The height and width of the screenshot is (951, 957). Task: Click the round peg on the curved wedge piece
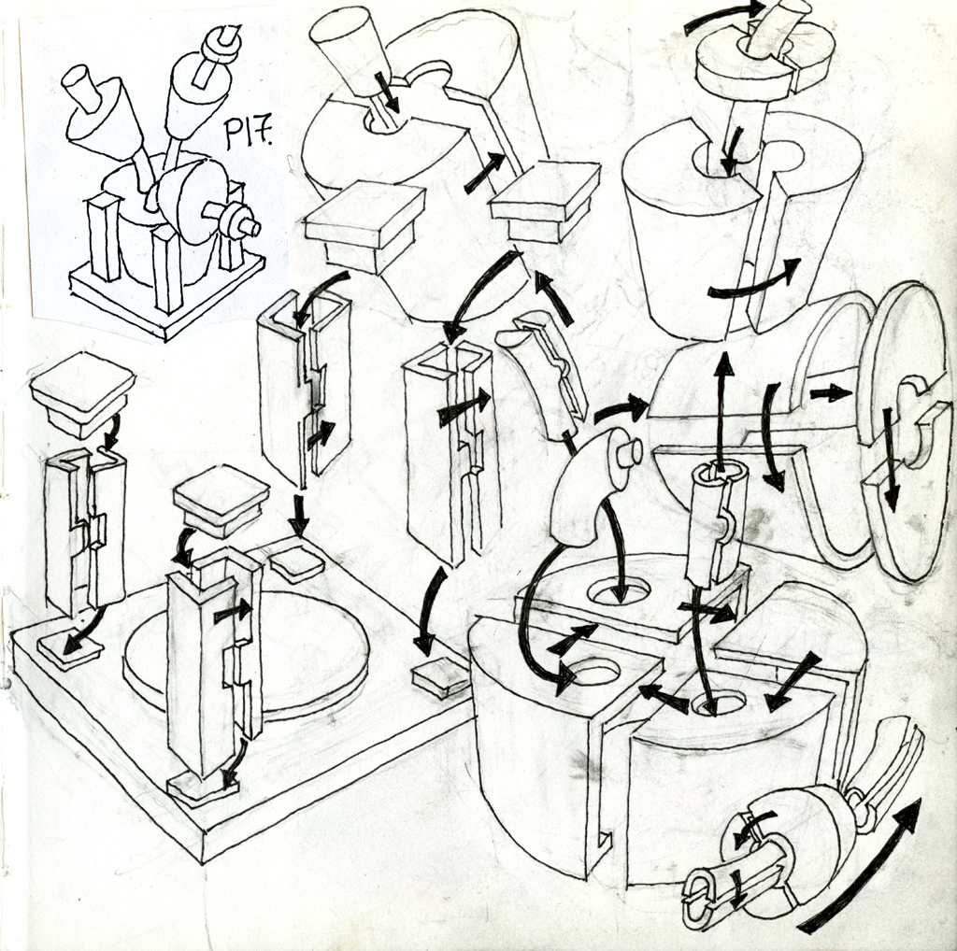[x=624, y=449]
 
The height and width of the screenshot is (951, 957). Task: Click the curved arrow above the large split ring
[x=723, y=17]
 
